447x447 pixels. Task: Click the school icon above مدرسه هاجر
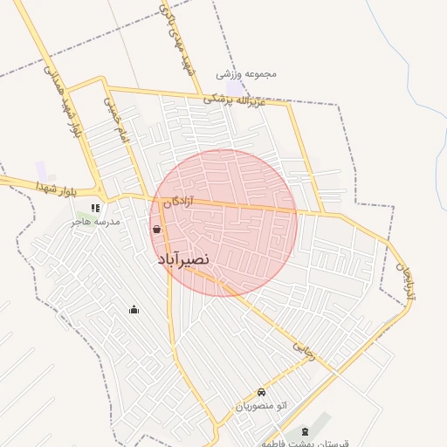[x=95, y=208]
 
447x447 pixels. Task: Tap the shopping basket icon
[x=156, y=230]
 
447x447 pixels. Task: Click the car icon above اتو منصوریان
[x=262, y=392]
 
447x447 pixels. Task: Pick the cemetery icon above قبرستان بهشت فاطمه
[x=304, y=432]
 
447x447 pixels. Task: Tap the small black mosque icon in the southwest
[x=134, y=308]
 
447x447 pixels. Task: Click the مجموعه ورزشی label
[x=247, y=74]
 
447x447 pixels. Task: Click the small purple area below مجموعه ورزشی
[x=237, y=88]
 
